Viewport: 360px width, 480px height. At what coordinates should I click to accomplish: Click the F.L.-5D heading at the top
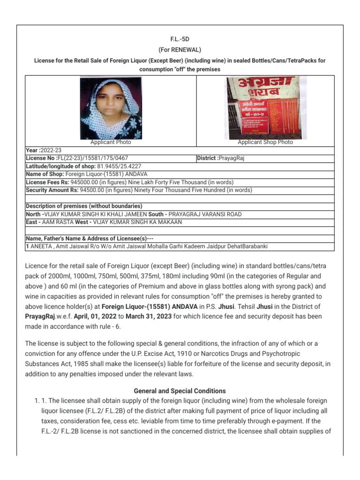(180, 41)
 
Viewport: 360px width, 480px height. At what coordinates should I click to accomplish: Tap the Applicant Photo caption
(111, 142)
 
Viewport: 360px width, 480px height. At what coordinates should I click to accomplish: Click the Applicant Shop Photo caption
(265, 142)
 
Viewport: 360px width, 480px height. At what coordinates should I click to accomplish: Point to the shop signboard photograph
(265, 107)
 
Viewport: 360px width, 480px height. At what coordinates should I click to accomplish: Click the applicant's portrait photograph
(111, 108)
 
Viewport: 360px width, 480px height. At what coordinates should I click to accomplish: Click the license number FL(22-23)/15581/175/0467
(90, 158)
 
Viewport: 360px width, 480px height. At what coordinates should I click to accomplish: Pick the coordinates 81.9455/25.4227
(119, 166)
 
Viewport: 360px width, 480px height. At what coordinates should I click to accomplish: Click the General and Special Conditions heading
(180, 391)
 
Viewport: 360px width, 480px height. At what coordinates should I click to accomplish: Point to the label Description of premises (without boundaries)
(84, 206)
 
